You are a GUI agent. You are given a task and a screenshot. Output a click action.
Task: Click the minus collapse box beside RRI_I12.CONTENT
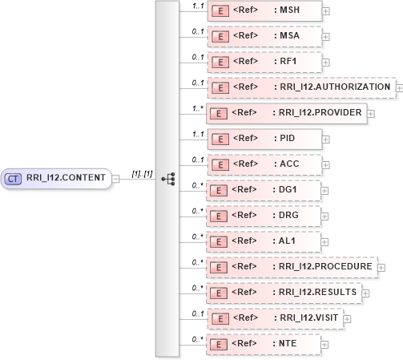(x=116, y=179)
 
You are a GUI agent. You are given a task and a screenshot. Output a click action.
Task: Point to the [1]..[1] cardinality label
(x=142, y=172)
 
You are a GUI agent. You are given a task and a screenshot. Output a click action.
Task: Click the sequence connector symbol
(x=168, y=179)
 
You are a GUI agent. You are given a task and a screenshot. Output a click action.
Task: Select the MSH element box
(x=264, y=10)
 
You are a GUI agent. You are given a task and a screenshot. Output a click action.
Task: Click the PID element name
(x=285, y=139)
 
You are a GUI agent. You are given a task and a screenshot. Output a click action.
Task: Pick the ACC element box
(x=264, y=164)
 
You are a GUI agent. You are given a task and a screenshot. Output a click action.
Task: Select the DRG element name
(x=286, y=216)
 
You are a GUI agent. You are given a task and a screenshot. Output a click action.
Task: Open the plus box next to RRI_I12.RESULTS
(x=366, y=293)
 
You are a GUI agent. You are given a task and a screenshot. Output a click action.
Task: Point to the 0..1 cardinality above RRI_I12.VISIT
(x=196, y=312)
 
